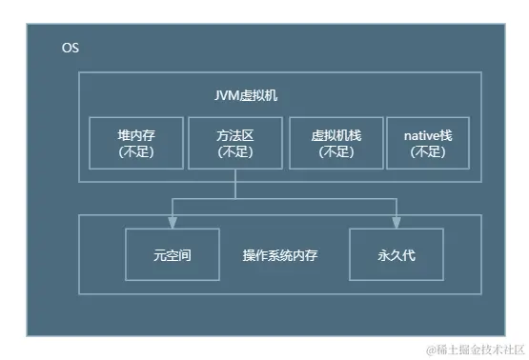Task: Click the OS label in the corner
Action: click(x=71, y=48)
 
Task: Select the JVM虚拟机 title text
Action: click(x=246, y=96)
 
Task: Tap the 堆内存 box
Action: click(x=136, y=143)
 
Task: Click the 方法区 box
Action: click(x=235, y=143)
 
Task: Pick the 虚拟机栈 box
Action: click(x=335, y=143)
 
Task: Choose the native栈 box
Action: click(x=421, y=143)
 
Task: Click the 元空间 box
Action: click(x=173, y=255)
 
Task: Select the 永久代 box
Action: click(x=397, y=255)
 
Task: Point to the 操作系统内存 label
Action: click(x=283, y=255)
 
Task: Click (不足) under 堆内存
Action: click(x=136, y=151)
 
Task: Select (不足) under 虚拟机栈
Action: click(x=335, y=151)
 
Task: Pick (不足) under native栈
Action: click(x=421, y=151)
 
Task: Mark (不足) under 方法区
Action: click(x=235, y=151)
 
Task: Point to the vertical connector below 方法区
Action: click(x=235, y=184)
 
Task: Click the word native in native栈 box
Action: click(x=414, y=135)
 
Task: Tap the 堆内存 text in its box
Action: click(x=136, y=135)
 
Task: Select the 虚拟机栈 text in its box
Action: click(x=335, y=135)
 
